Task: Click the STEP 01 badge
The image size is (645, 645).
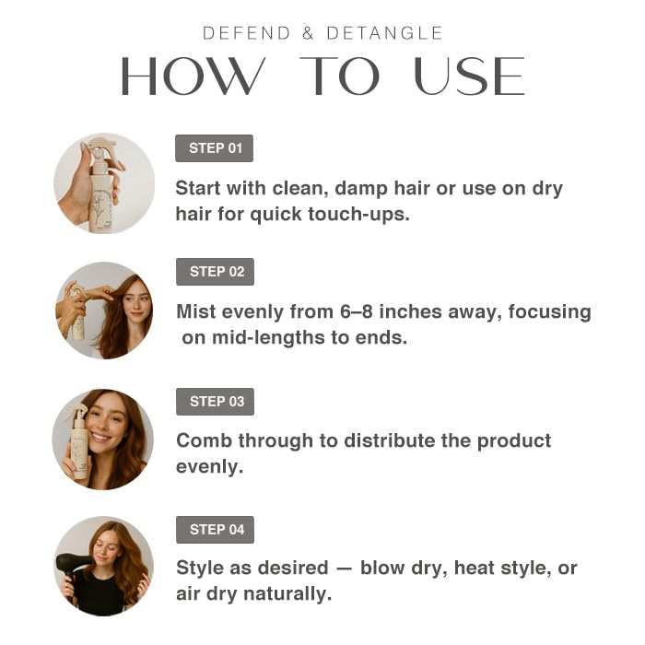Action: (x=214, y=148)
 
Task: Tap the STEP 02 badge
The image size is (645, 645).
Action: (x=215, y=272)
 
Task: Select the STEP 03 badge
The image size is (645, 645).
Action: (x=215, y=402)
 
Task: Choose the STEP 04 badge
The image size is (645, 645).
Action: (x=215, y=530)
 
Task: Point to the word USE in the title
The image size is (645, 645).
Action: (x=469, y=76)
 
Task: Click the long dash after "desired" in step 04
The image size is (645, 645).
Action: (x=344, y=568)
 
